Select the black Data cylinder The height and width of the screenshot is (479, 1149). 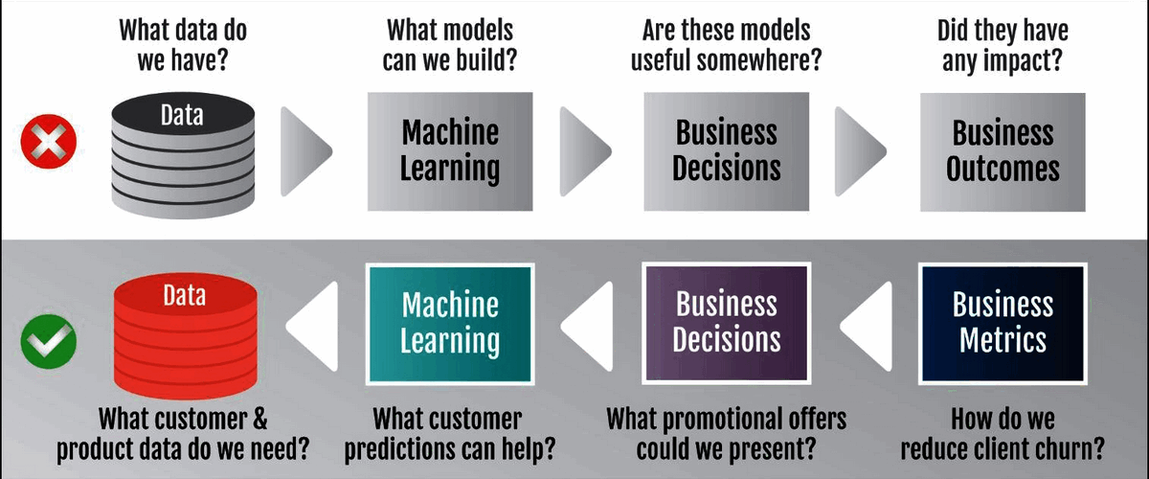(182, 153)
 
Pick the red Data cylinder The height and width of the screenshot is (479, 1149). (182, 335)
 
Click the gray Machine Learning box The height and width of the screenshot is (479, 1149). (450, 150)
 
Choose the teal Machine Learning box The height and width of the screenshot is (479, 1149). (450, 324)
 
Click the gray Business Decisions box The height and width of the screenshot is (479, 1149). (726, 150)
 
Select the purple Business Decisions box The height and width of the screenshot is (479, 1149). (726, 324)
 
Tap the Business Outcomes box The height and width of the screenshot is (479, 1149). (1003, 150)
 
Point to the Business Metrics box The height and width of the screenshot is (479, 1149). (1003, 324)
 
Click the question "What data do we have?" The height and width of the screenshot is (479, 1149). (183, 45)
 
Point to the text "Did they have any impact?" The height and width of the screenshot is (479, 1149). (1003, 45)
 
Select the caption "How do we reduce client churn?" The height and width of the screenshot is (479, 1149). (1003, 433)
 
